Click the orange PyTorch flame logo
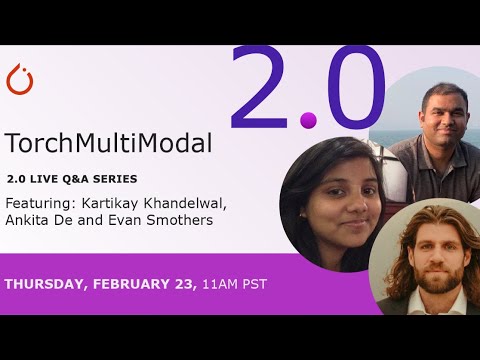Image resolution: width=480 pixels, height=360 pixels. pos(20,79)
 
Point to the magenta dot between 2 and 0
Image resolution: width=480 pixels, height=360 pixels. pos(308,121)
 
